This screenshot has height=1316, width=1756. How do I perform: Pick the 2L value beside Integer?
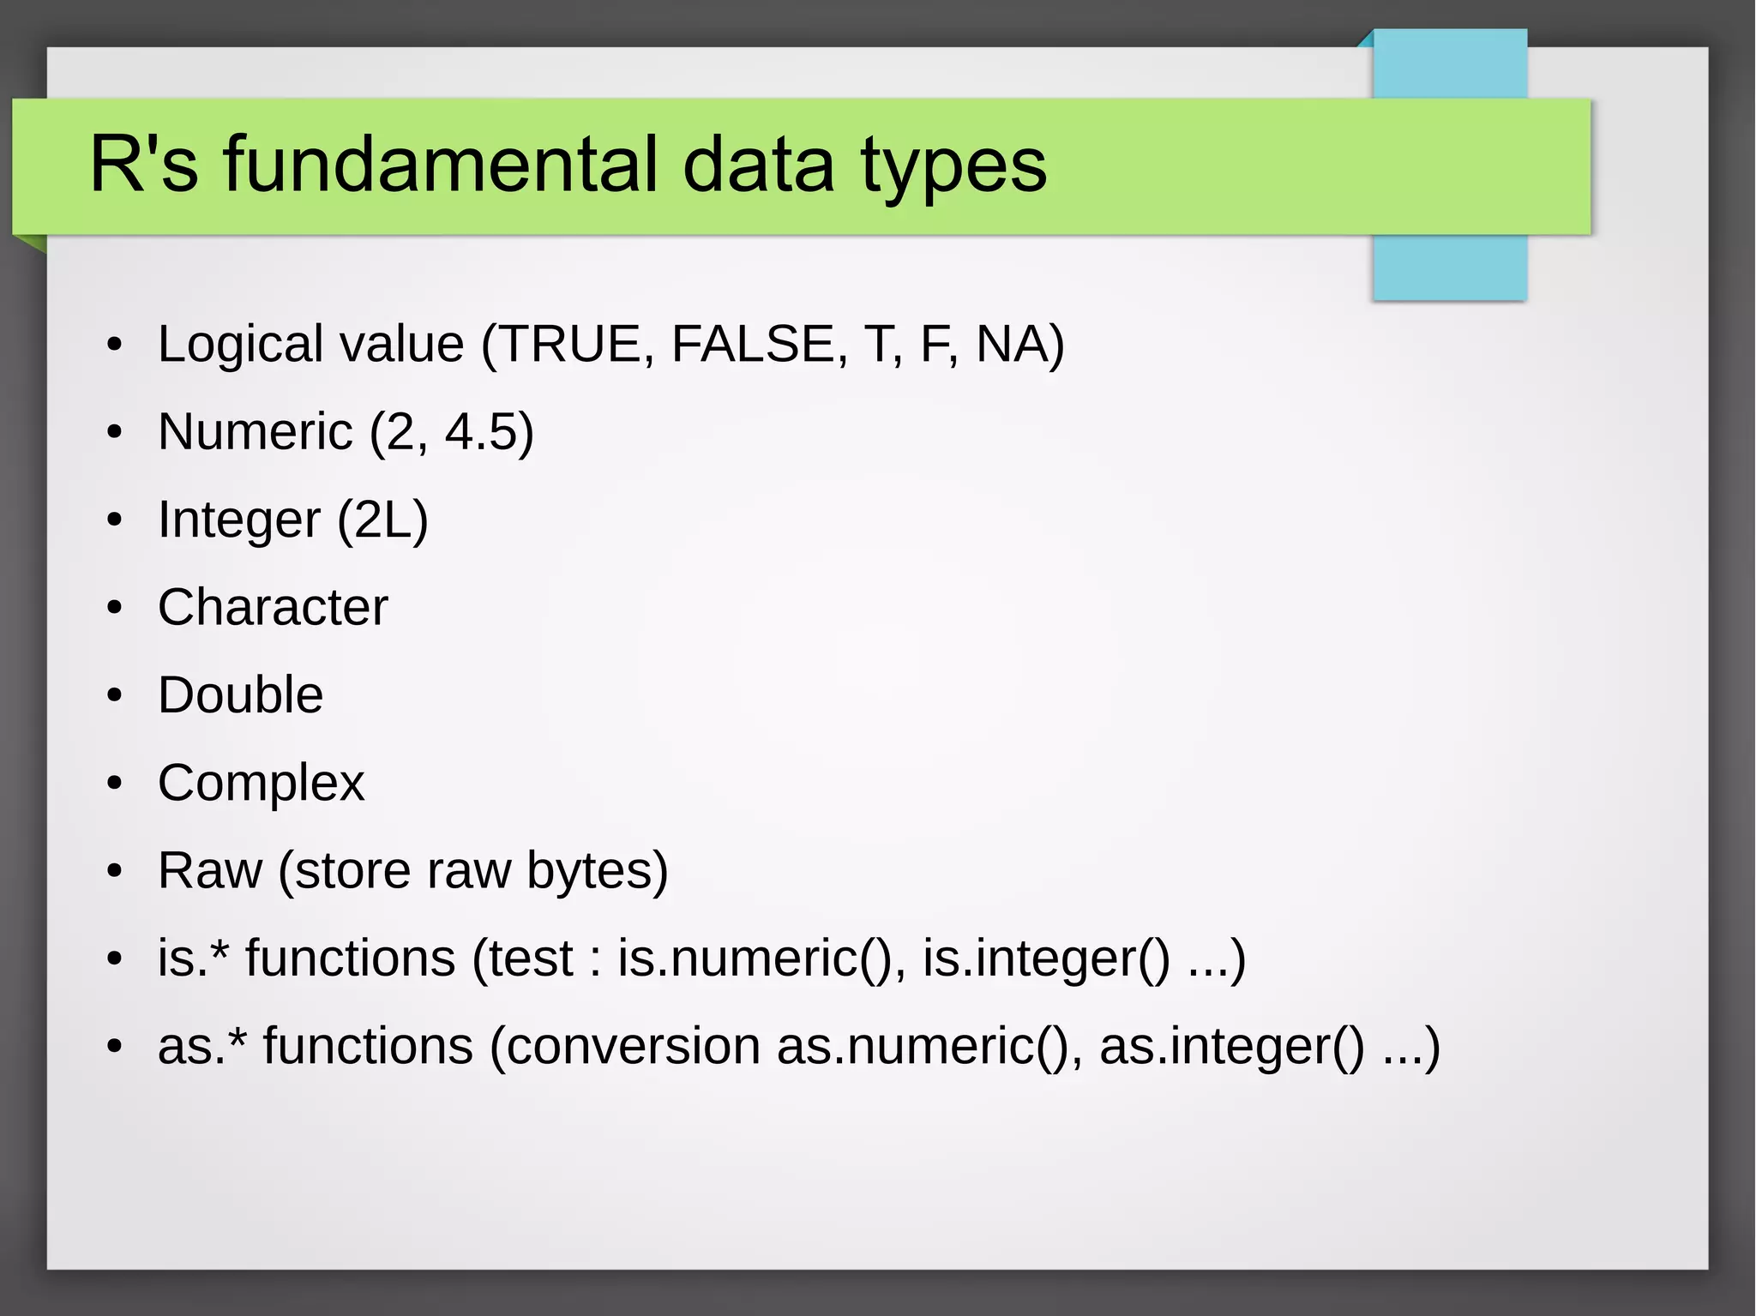click(x=382, y=520)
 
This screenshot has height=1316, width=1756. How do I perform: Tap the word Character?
click(x=273, y=607)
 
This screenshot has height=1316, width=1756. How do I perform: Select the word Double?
click(x=240, y=694)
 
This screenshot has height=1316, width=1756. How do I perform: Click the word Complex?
click(x=261, y=783)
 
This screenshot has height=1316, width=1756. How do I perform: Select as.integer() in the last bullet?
click(x=1231, y=1046)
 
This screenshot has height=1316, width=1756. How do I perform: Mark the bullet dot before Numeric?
click(x=115, y=432)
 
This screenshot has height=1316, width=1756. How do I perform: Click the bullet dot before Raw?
click(x=115, y=871)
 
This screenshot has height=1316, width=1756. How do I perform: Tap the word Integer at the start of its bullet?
click(x=239, y=520)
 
